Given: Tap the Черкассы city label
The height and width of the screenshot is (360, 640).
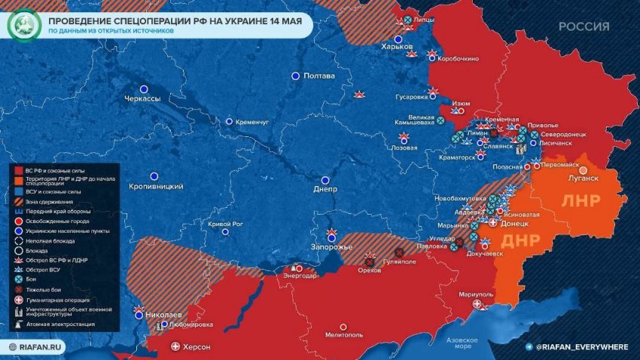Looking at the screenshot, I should (142, 99).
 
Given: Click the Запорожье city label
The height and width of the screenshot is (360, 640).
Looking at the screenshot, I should (331, 248).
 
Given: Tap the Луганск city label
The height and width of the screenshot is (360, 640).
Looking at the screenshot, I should (583, 178).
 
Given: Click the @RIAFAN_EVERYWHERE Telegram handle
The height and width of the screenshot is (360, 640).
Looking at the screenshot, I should (581, 346).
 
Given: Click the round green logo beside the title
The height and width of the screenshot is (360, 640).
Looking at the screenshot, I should (23, 25).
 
